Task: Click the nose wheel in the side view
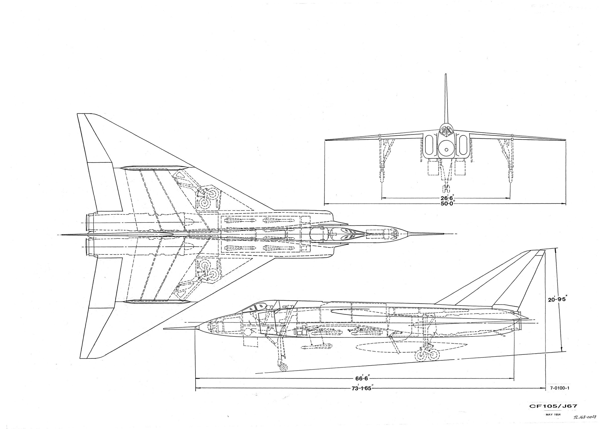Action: point(283,367)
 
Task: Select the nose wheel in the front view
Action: point(446,189)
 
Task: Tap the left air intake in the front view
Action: point(429,145)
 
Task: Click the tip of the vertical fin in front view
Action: point(446,76)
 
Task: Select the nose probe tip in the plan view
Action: point(443,234)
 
